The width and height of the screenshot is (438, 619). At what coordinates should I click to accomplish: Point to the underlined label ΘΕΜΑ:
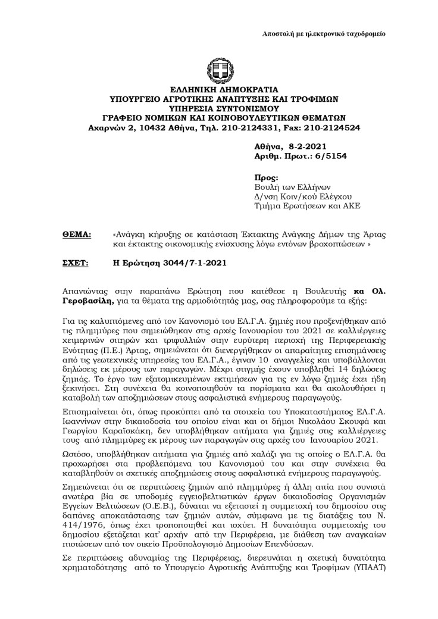click(x=77, y=235)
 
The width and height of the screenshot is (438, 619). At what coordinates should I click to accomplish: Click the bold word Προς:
click(x=266, y=177)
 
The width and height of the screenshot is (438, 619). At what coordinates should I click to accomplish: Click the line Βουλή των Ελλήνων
click(x=288, y=187)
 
